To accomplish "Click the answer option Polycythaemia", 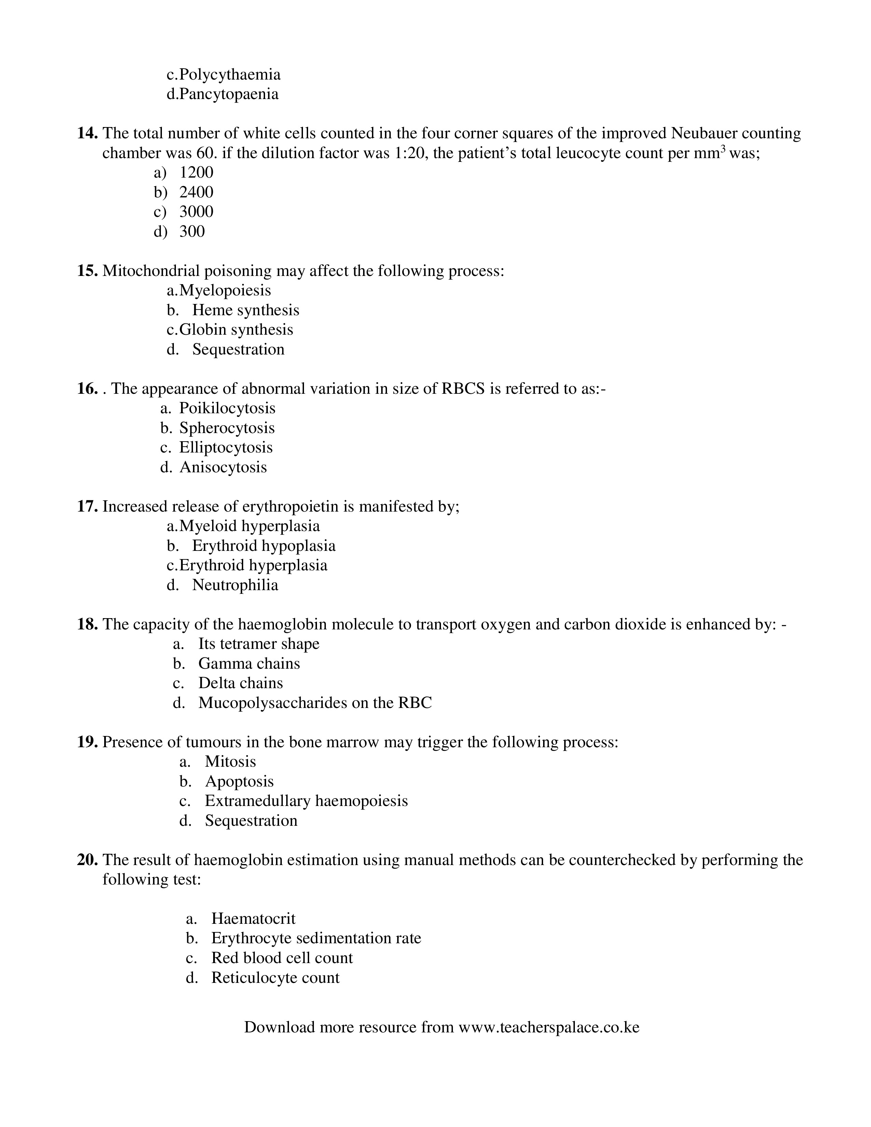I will coord(230,75).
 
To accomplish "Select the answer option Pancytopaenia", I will coord(229,95).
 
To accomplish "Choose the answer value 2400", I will coord(196,193).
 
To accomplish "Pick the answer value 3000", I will coord(196,212).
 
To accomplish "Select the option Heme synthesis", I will coord(246,310).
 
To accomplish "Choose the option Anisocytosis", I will coord(223,468).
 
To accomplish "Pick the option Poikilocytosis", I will coord(227,409).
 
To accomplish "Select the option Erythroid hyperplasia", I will coord(253,566).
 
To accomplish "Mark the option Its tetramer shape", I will coord(259,644).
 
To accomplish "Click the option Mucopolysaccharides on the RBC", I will coord(315,703).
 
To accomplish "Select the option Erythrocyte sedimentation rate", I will coord(316,938).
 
